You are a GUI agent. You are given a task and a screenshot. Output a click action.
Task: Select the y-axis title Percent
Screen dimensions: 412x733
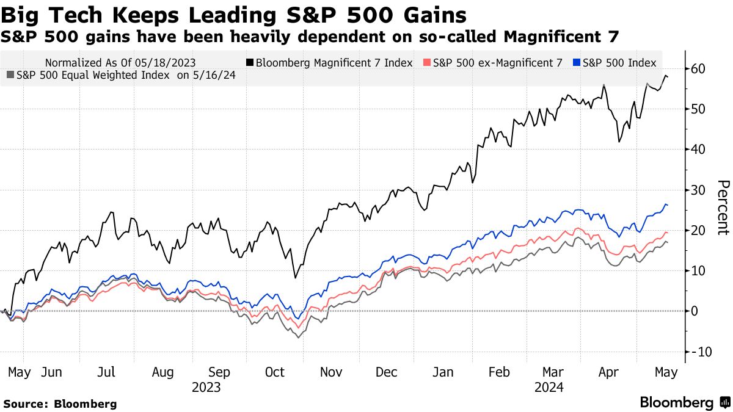coord(723,208)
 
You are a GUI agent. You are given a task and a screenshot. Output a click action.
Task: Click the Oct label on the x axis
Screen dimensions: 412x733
coord(275,372)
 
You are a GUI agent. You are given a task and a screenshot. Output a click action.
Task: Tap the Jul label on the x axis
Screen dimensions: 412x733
coord(107,372)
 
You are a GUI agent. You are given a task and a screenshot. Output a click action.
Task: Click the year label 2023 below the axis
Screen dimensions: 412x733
coord(206,388)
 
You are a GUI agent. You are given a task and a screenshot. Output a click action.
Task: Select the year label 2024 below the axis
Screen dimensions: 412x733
coord(549,388)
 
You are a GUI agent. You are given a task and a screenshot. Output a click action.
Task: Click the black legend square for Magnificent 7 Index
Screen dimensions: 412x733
coord(250,63)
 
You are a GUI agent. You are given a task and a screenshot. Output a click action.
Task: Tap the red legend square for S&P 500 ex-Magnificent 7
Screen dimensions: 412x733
coord(426,63)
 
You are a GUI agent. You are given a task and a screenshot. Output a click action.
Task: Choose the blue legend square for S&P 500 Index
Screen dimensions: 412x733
coord(577,63)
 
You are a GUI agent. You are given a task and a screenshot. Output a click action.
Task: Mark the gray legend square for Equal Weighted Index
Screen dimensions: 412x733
coord(10,76)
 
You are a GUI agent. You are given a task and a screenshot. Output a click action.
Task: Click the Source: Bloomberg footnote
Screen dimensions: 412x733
coord(60,404)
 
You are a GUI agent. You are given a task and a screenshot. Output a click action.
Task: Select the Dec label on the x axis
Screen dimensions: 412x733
coord(387,372)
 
